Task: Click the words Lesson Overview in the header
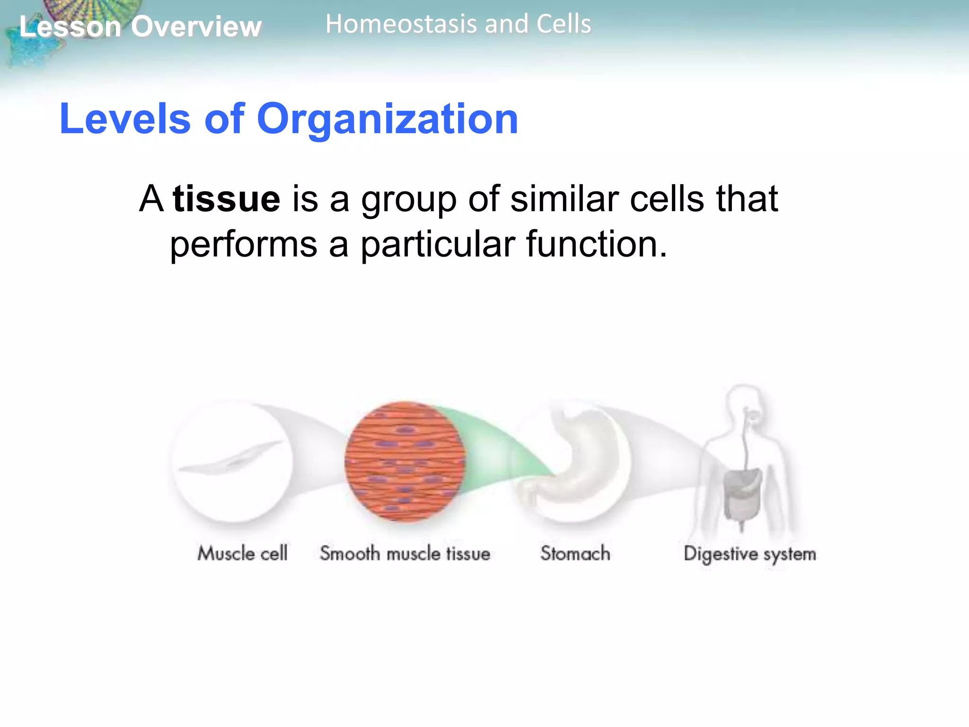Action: (x=140, y=27)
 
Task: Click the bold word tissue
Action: (x=226, y=199)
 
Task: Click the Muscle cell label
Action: (x=242, y=553)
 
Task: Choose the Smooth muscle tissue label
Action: (x=405, y=553)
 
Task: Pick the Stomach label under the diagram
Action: (x=575, y=553)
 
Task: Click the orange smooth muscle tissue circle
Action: (x=405, y=461)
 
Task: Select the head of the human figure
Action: (x=745, y=402)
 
